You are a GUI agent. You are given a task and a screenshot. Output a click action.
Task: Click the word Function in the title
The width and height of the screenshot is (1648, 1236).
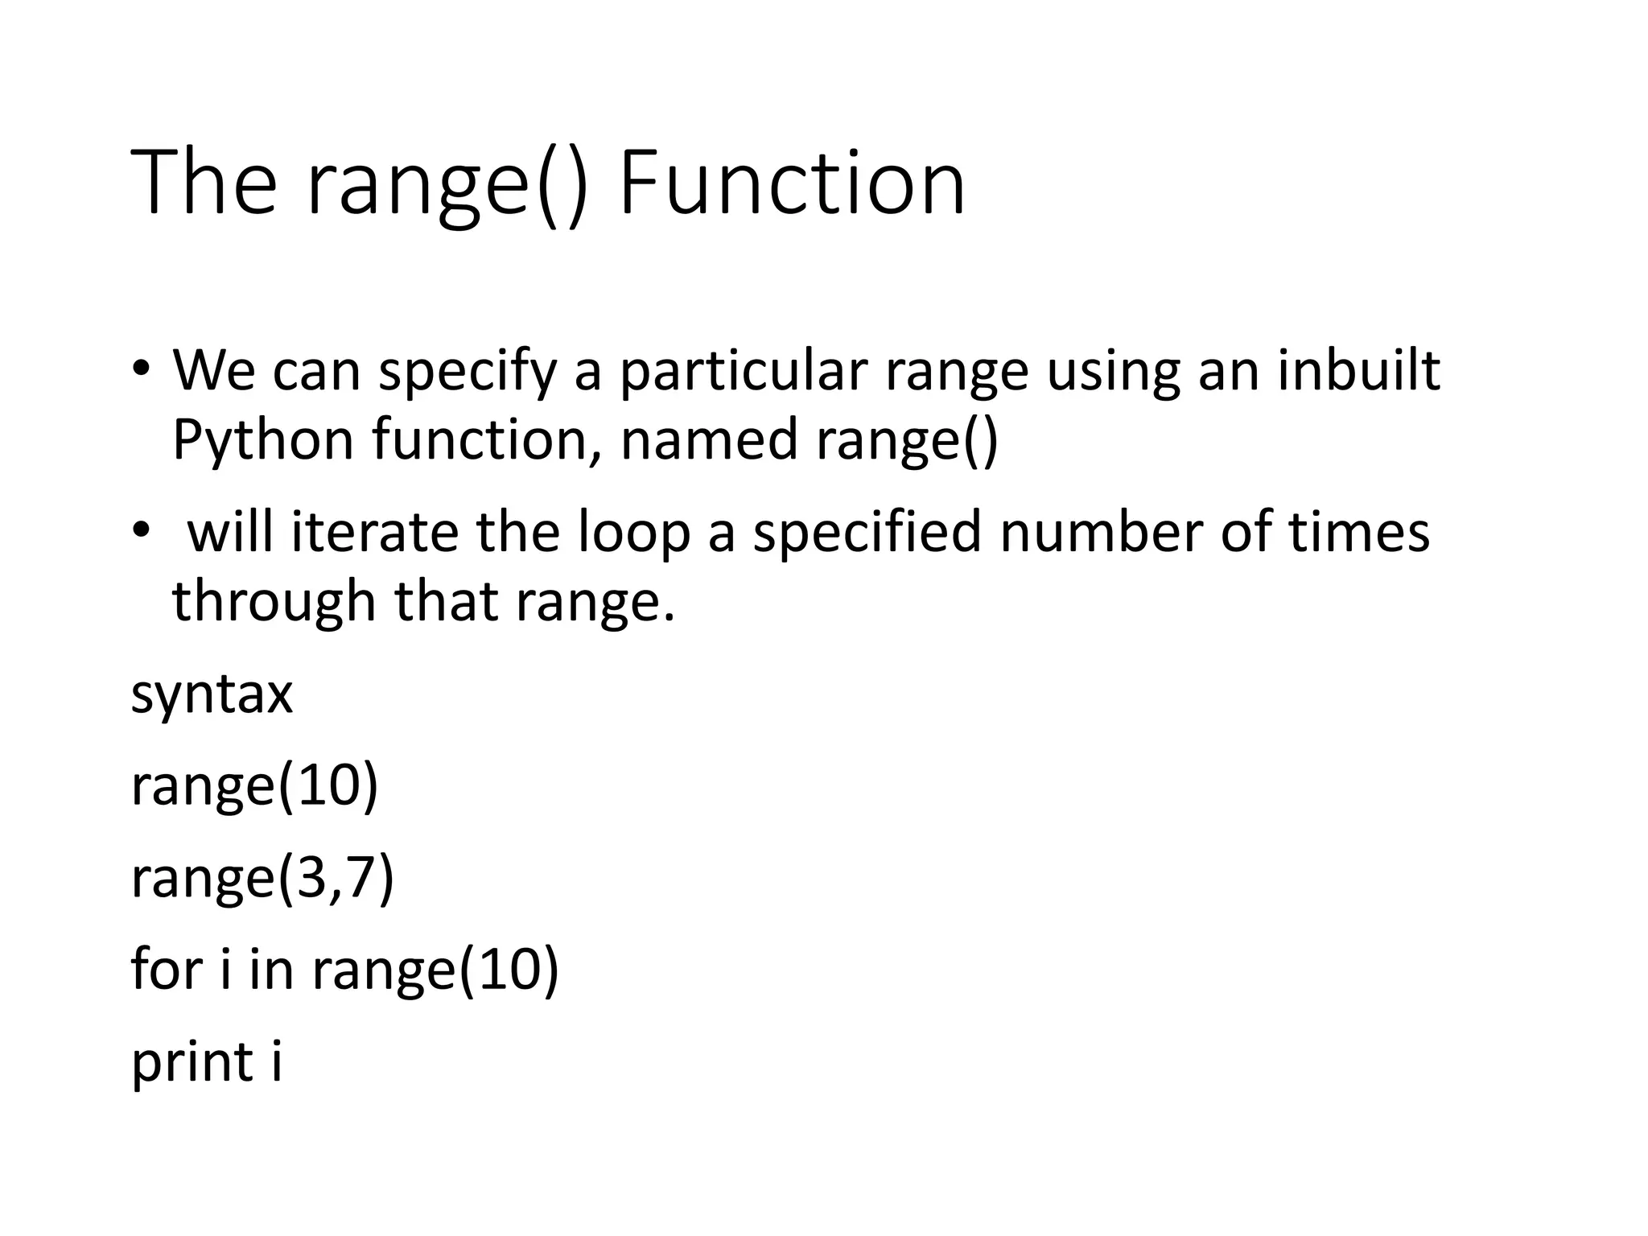[792, 183]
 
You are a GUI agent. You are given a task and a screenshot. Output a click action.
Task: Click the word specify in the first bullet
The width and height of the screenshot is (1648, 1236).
[468, 372]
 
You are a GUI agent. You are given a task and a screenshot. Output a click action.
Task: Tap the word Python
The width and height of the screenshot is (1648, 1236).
[263, 441]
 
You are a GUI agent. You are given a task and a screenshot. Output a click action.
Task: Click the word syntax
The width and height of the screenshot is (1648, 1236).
[212, 694]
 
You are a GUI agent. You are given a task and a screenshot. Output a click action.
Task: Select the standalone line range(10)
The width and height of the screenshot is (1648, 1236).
[254, 785]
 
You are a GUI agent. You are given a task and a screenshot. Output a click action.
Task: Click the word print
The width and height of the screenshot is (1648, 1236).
[192, 1062]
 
